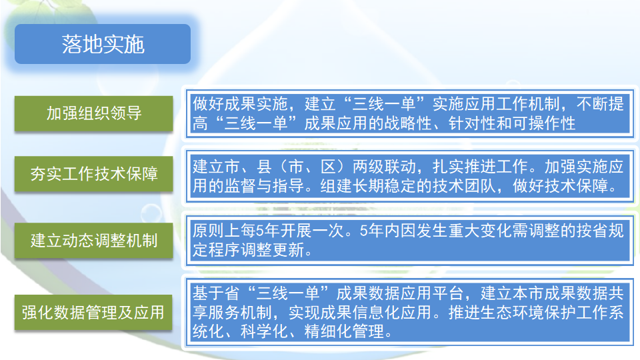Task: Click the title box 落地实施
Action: click(103, 44)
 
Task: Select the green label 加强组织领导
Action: click(94, 113)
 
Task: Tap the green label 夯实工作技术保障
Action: click(94, 174)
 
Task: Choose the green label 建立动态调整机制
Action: click(94, 240)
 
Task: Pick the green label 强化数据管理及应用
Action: click(94, 311)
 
